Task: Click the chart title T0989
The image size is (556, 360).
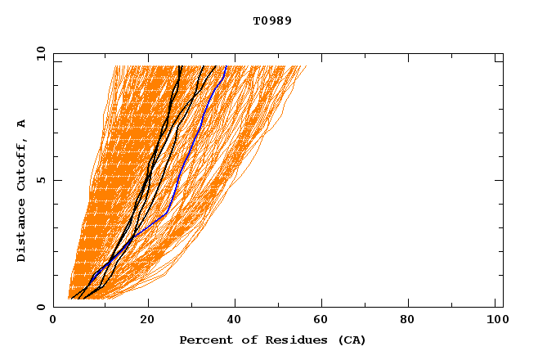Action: [x=272, y=20]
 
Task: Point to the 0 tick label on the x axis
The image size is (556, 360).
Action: [x=53, y=321]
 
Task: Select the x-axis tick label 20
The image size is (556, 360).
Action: [x=147, y=321]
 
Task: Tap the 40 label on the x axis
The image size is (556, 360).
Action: [x=235, y=321]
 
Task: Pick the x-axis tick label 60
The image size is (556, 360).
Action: [x=325, y=321]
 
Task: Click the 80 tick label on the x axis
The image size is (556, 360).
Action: [x=413, y=321]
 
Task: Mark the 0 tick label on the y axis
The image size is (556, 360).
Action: [x=41, y=308]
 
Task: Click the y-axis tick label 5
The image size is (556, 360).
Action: [x=41, y=180]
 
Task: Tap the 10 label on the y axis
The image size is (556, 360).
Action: [x=39, y=53]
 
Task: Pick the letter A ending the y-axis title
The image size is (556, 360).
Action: [x=21, y=124]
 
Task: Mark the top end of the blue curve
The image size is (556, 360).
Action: [x=226, y=66]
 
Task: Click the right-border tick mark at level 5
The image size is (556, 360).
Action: [x=499, y=180]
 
